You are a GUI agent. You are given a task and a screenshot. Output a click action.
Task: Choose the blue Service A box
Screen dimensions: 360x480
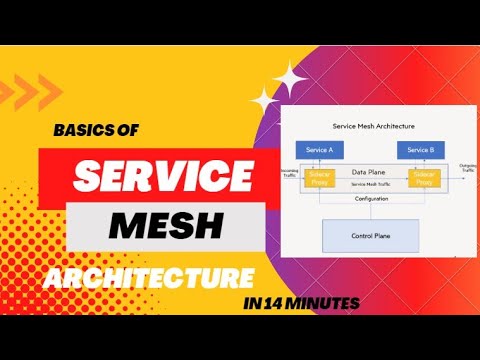pyautogui.click(x=320, y=149)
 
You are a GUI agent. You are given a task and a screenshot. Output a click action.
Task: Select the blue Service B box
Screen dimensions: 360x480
pyautogui.click(x=416, y=149)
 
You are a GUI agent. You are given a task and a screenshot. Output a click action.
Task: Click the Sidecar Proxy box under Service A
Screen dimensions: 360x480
pyautogui.click(x=320, y=177)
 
